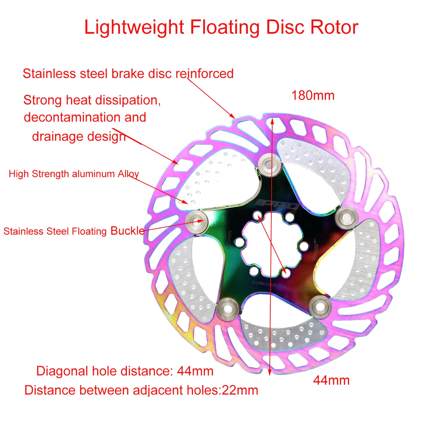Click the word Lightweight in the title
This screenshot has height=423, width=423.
(x=134, y=27)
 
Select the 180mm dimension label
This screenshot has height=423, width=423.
(x=313, y=96)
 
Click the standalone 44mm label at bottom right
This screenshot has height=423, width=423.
(x=331, y=380)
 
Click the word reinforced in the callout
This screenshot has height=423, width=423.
(x=204, y=74)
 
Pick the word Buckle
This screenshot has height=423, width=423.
(x=128, y=231)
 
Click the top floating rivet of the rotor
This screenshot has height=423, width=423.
(x=269, y=165)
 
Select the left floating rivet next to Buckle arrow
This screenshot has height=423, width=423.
(x=197, y=220)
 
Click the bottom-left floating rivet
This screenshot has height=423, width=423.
(x=228, y=308)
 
